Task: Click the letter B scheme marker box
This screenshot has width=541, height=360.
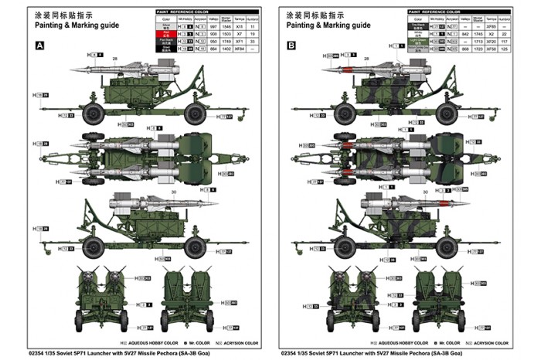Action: click(291, 46)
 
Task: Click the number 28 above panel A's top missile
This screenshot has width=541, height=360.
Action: click(115, 58)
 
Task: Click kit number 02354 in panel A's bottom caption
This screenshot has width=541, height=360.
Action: click(37, 353)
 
